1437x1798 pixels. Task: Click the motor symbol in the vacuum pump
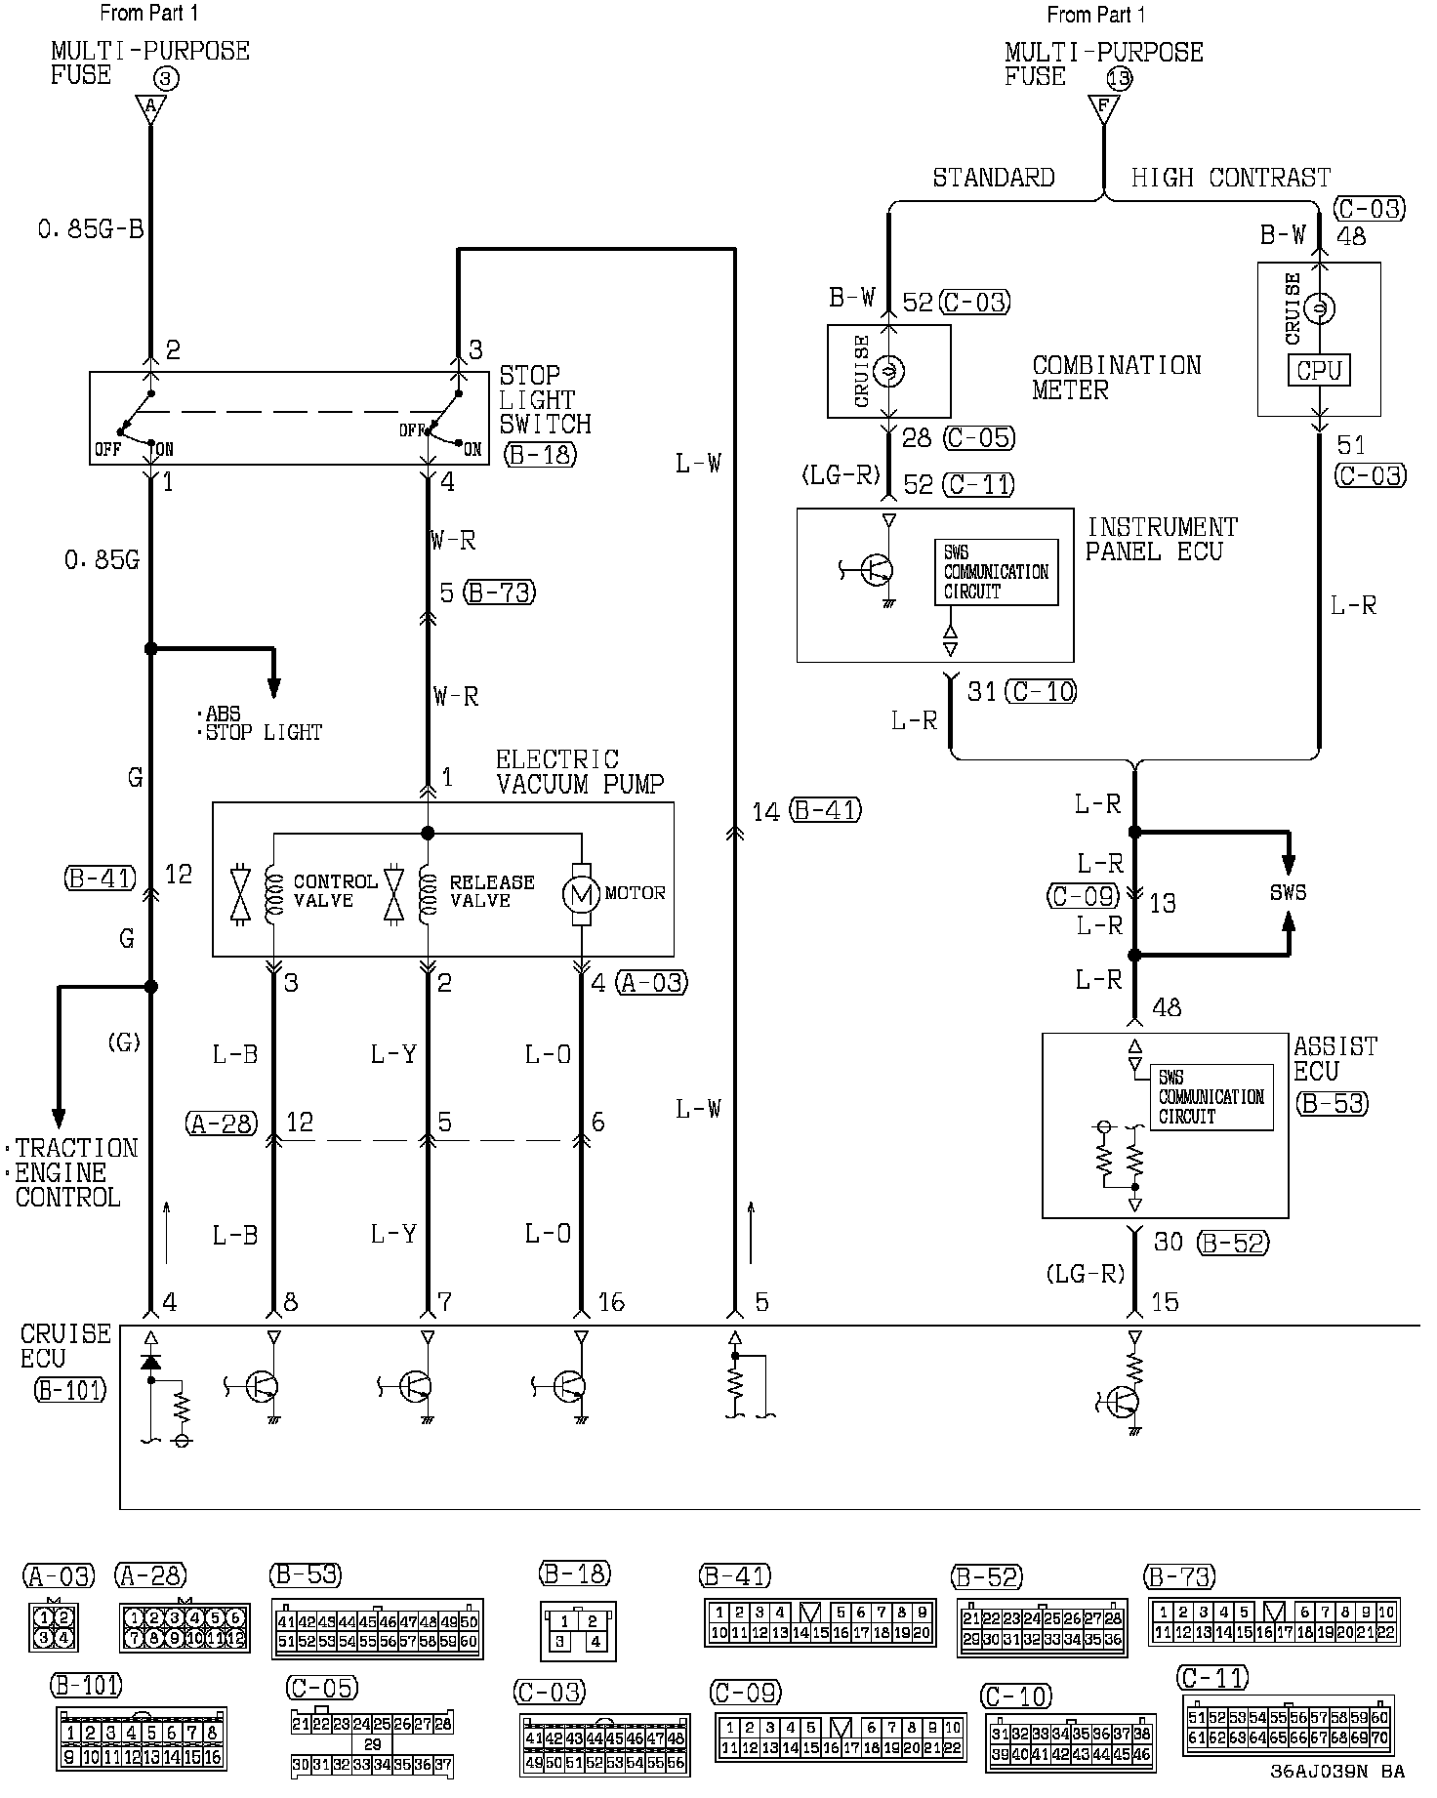[582, 893]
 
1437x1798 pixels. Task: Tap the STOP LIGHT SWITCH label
[545, 400]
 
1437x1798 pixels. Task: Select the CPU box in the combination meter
[1319, 371]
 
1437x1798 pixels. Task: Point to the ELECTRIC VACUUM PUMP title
[580, 772]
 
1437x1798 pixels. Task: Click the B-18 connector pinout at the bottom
[578, 1630]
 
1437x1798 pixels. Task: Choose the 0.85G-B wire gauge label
[91, 229]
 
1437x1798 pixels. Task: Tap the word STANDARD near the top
[994, 178]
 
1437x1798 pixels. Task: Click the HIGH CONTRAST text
[1230, 178]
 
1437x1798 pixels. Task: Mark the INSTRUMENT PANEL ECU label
[1161, 540]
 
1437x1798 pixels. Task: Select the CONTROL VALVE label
[335, 890]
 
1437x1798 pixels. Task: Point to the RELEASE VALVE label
[492, 890]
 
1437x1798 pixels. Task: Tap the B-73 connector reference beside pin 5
[500, 593]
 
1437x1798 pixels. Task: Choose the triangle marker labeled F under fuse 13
[1103, 107]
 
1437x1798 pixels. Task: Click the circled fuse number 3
[167, 78]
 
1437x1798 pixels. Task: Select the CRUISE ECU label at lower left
[65, 1346]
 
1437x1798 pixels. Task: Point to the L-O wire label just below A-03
[548, 1054]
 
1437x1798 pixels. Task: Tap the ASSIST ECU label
[1334, 1058]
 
